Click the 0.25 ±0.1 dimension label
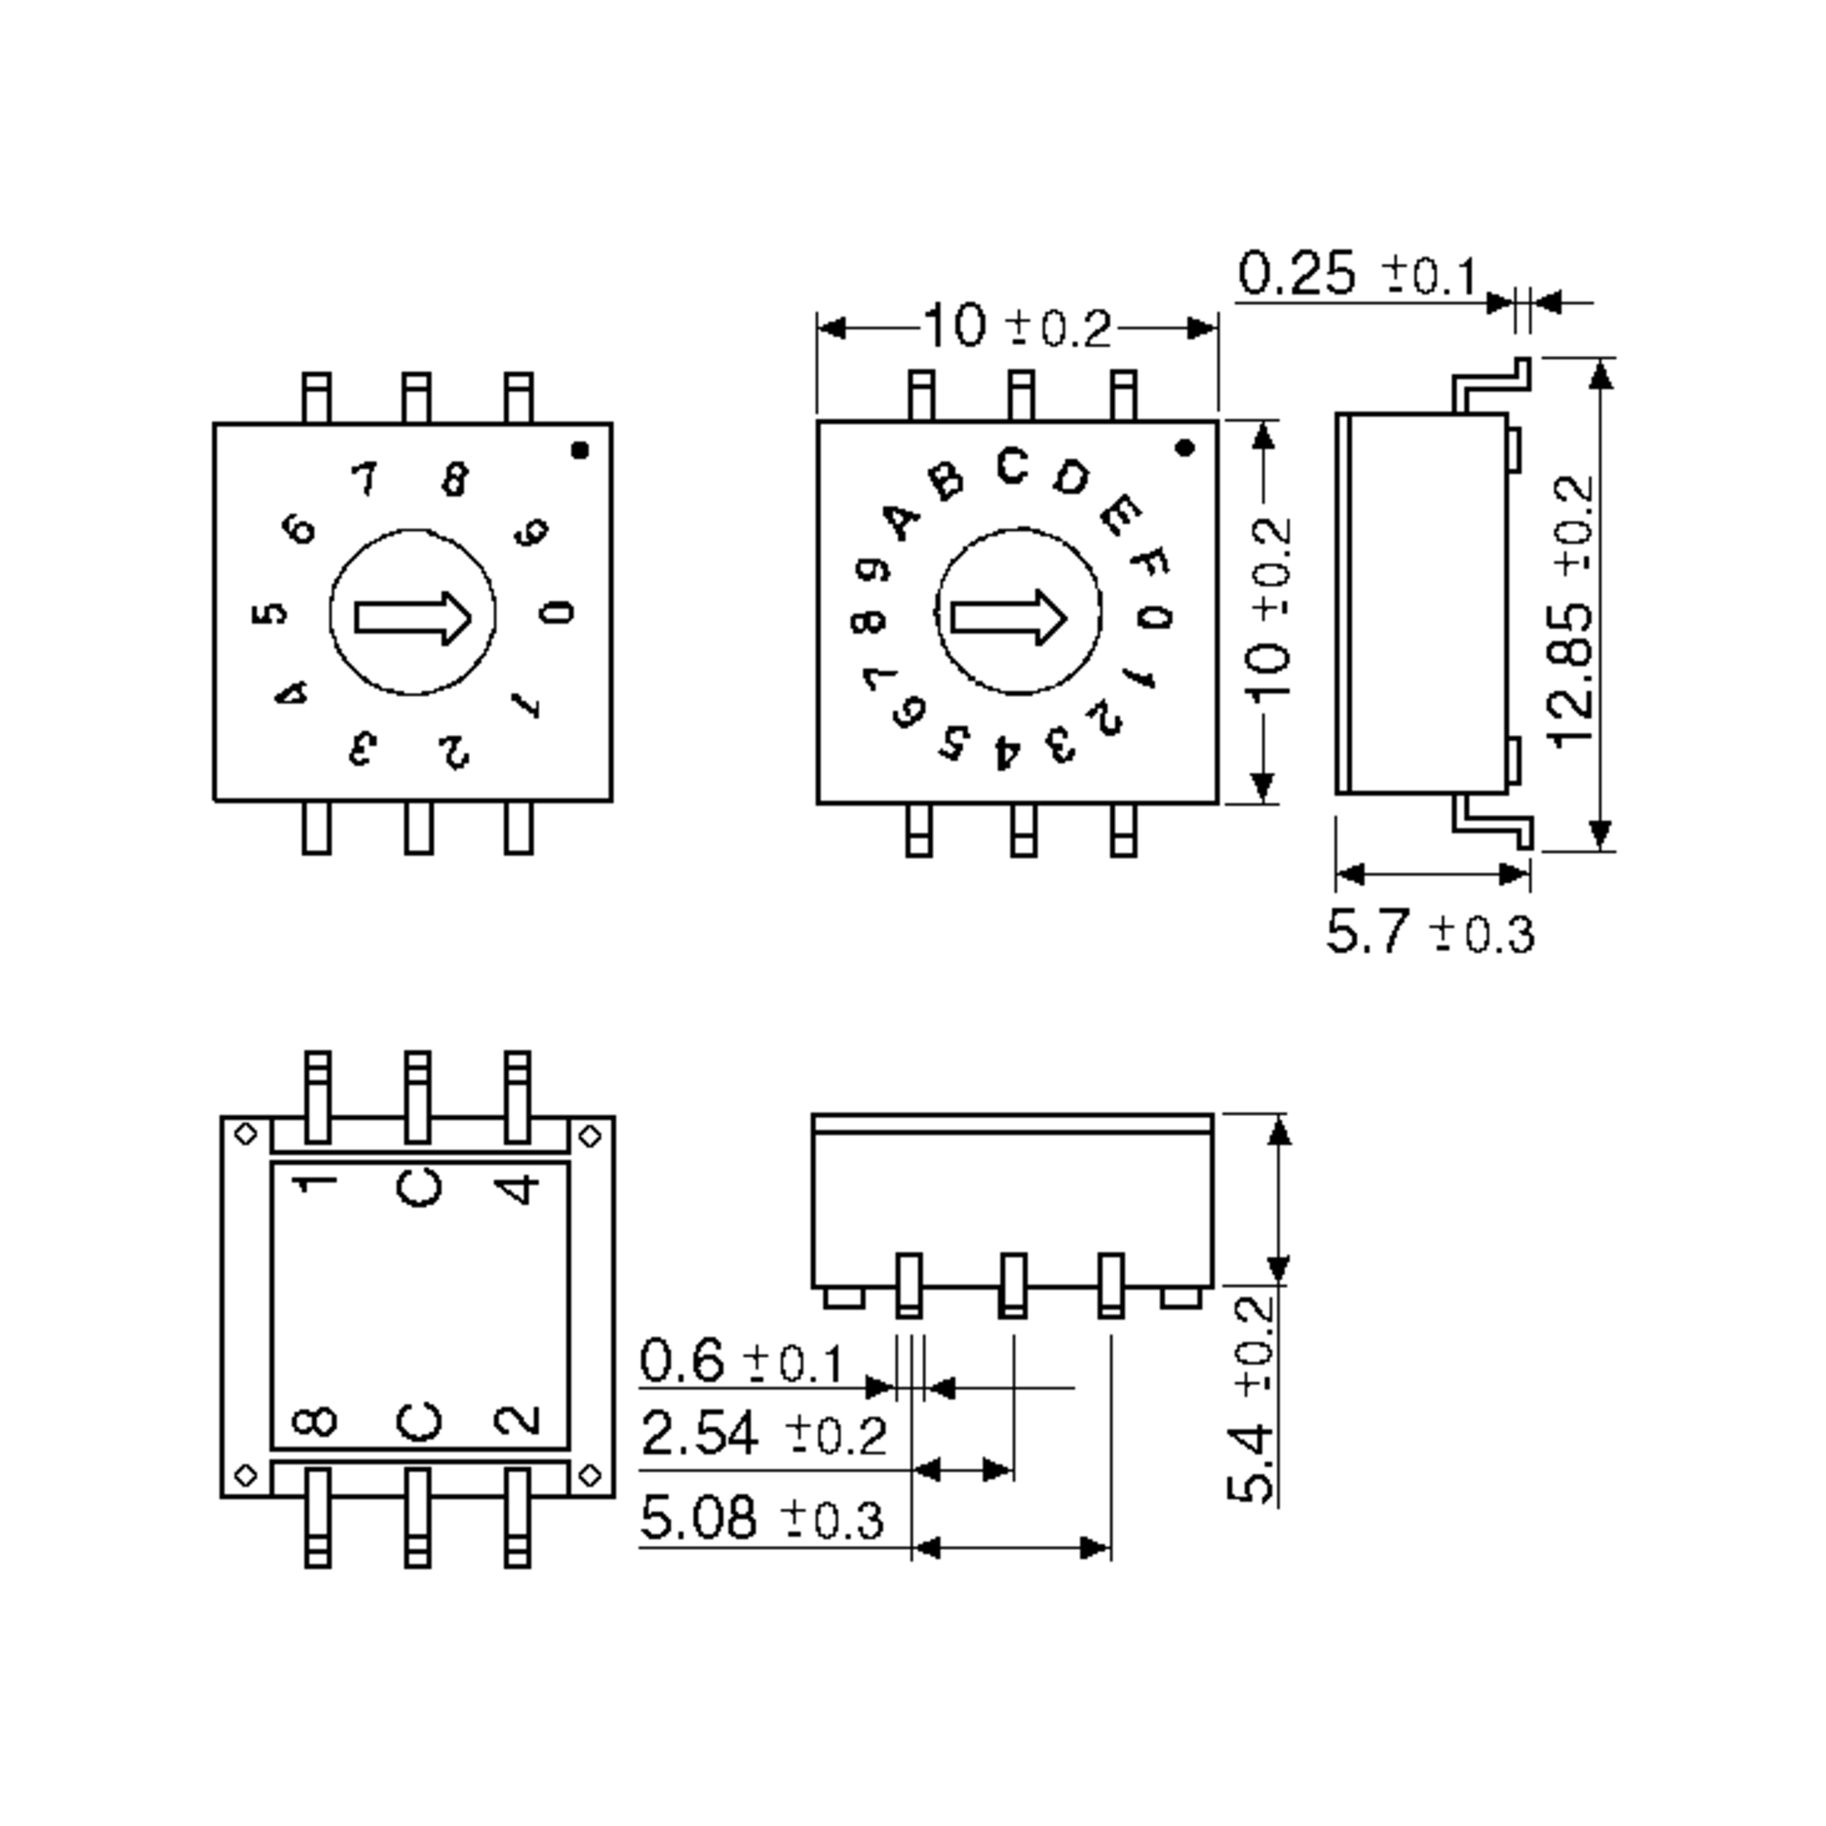click(x=1357, y=274)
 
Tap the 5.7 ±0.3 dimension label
click(x=1429, y=933)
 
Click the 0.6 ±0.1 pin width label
click(x=741, y=1362)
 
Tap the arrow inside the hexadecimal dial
click(x=1008, y=617)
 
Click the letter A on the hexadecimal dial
click(x=902, y=520)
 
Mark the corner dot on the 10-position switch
click(x=581, y=451)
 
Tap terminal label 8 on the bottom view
click(x=315, y=1420)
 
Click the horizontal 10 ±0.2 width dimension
click(x=1017, y=328)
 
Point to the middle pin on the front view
click(x=1013, y=1285)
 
